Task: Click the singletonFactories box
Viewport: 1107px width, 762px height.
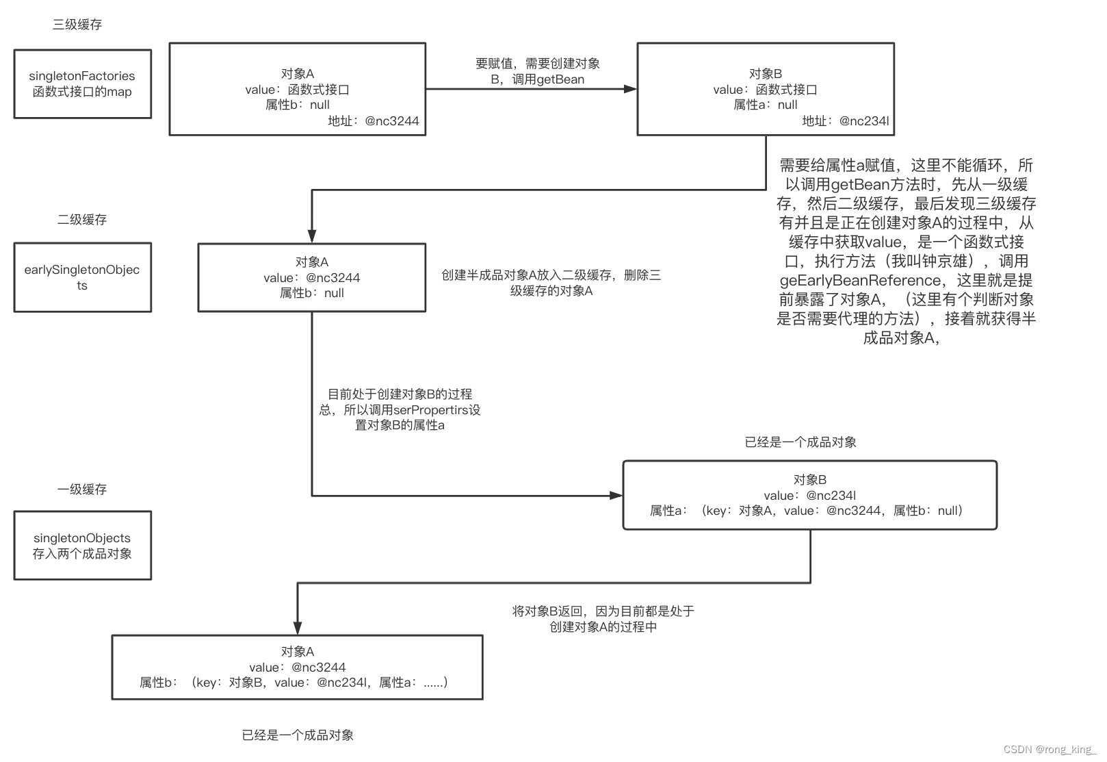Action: (82, 84)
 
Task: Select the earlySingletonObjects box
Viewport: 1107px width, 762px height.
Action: (82, 277)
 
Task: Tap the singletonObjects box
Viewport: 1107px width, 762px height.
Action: (82, 546)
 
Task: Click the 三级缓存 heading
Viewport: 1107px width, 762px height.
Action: (77, 25)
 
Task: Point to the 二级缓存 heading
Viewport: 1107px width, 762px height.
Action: (82, 220)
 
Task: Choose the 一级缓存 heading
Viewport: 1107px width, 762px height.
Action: (82, 490)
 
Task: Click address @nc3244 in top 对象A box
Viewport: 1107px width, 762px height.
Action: (391, 121)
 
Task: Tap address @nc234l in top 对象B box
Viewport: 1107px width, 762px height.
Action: (864, 121)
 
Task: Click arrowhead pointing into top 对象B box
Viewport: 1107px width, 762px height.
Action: (630, 89)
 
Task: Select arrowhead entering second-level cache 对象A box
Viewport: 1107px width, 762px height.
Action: (312, 236)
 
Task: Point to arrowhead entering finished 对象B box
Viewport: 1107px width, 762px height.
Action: (616, 495)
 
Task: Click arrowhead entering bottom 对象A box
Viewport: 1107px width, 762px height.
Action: (298, 628)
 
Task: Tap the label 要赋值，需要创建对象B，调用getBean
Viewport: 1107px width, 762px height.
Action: (538, 71)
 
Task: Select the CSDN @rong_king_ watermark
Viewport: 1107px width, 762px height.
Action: (1050, 750)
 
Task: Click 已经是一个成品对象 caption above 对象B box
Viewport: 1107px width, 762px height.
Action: (800, 442)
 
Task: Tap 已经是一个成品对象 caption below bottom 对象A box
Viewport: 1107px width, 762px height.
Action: (298, 735)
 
